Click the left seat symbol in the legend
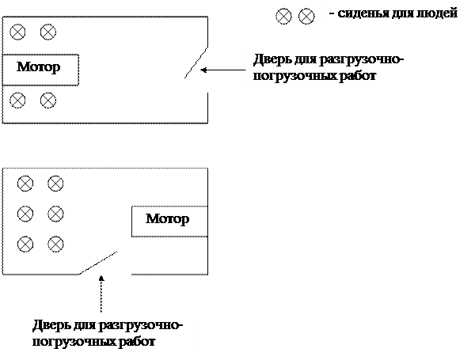283,16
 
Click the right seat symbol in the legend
306,16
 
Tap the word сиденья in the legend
362,14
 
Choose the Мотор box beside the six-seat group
168,219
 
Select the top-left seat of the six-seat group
25,184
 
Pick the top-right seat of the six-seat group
55,184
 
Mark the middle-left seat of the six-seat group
25,214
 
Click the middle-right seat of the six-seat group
55,214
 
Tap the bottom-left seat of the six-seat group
25,244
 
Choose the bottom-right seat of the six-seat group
55,244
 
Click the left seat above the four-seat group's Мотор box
17,32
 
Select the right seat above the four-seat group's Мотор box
47,32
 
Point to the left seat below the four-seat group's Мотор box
17,100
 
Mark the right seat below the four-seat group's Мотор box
47,100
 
